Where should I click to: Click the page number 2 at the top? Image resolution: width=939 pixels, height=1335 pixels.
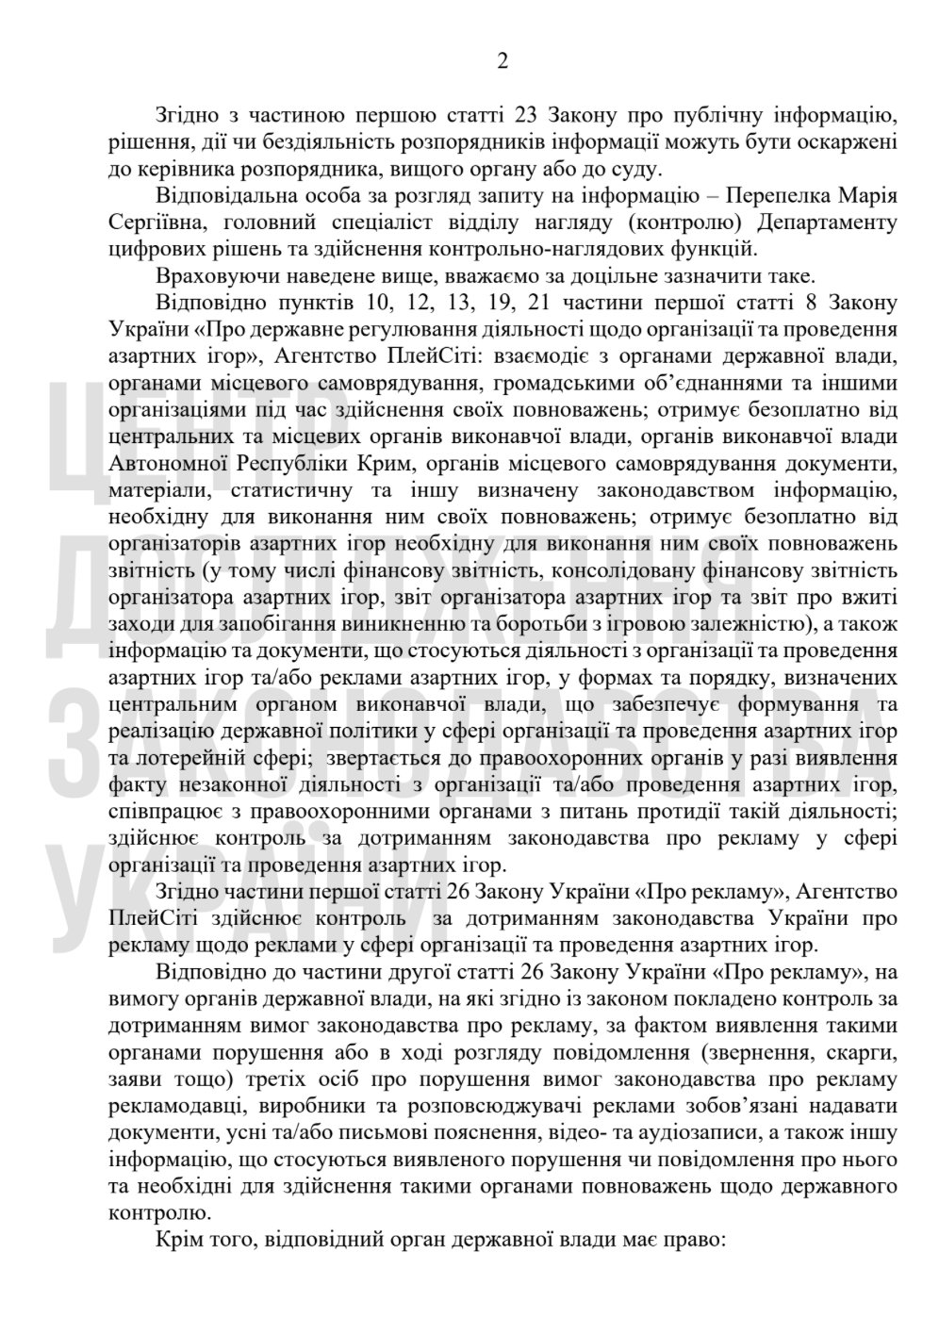click(502, 61)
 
